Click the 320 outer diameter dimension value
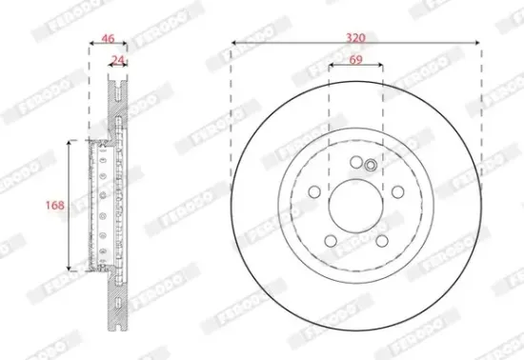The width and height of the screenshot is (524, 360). click(355, 37)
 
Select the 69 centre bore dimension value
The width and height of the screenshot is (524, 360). click(355, 60)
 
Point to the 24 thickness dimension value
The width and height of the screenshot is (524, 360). click(117, 60)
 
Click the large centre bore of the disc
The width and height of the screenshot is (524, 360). click(355, 205)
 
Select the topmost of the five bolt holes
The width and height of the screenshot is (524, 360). click(355, 162)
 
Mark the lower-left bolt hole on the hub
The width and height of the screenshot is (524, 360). click(330, 240)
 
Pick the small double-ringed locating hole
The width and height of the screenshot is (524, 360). click(372, 166)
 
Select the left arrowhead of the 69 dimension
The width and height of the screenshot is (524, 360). click(331, 67)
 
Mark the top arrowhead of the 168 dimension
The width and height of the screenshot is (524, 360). click(69, 142)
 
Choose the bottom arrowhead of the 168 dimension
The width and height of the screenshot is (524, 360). click(69, 269)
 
